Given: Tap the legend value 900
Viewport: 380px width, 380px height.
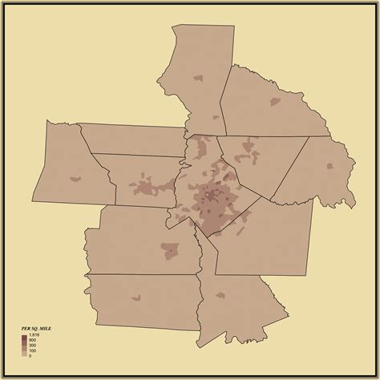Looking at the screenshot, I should coord(32,340).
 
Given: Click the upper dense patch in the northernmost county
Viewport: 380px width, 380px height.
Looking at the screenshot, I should coord(197,79).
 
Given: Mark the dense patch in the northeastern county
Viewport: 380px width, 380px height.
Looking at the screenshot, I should coord(275,102).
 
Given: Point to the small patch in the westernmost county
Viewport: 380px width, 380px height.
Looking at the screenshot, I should coord(76,178).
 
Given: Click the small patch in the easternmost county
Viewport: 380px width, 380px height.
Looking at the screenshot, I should coord(329,165).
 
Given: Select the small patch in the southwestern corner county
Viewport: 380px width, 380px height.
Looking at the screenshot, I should coord(135,299).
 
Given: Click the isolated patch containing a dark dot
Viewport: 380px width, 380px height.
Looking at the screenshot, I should coord(169,249).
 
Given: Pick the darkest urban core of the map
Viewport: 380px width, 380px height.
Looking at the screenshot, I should coord(211,196).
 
